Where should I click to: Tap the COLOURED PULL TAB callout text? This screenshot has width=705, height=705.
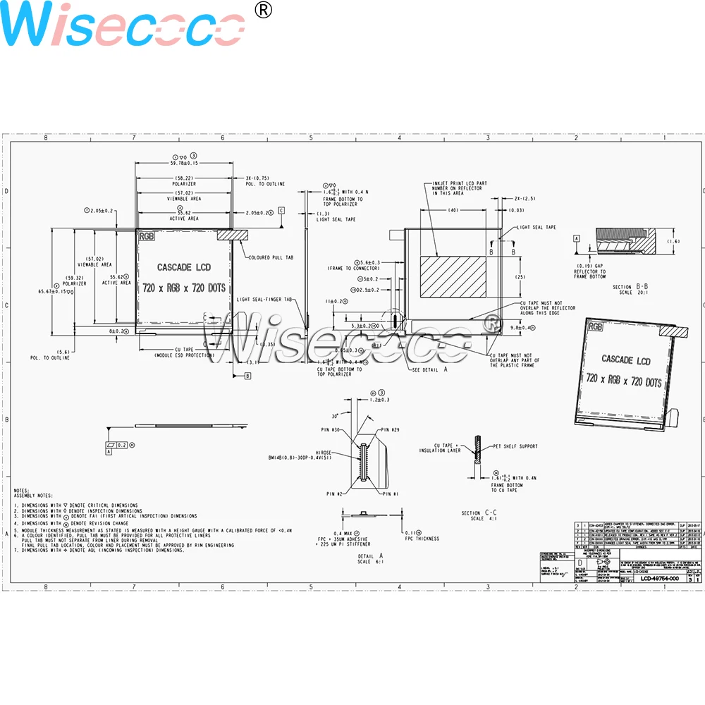tap(269, 257)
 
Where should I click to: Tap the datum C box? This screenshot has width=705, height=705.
tap(281, 210)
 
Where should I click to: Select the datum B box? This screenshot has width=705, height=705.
tap(247, 376)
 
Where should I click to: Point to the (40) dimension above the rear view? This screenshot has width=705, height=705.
tap(452, 210)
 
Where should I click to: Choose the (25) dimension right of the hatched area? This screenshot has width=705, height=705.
tap(519, 276)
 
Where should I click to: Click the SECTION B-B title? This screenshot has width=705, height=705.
tap(630, 286)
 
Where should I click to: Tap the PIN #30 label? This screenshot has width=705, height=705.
tap(331, 429)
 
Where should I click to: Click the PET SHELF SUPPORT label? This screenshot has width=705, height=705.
tap(515, 446)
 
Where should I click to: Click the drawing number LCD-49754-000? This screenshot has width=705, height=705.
tap(659, 578)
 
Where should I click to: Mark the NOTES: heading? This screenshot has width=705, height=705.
tap(21, 490)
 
